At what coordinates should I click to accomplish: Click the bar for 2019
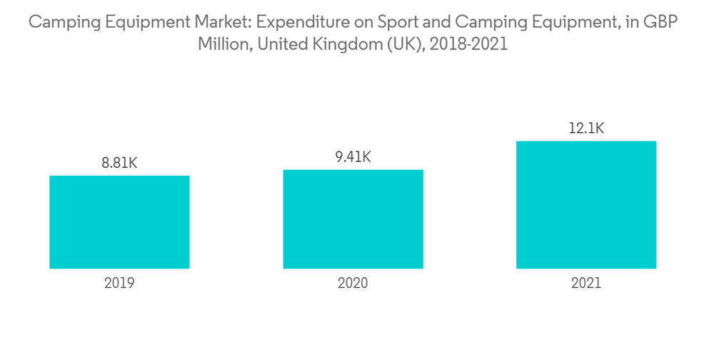pyautogui.click(x=119, y=222)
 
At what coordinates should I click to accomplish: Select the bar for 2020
pyautogui.click(x=353, y=219)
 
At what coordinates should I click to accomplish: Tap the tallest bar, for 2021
pyautogui.click(x=586, y=205)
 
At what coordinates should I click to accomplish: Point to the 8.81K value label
pyautogui.click(x=119, y=164)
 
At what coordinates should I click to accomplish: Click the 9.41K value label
pyautogui.click(x=353, y=157)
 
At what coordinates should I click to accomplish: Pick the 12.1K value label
pyautogui.click(x=586, y=129)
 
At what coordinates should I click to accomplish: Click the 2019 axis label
pyautogui.click(x=119, y=283)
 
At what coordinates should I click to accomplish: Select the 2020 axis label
pyautogui.click(x=353, y=283)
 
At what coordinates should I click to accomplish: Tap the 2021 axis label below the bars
pyautogui.click(x=586, y=283)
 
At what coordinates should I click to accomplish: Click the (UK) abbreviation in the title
pyautogui.click(x=398, y=44)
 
